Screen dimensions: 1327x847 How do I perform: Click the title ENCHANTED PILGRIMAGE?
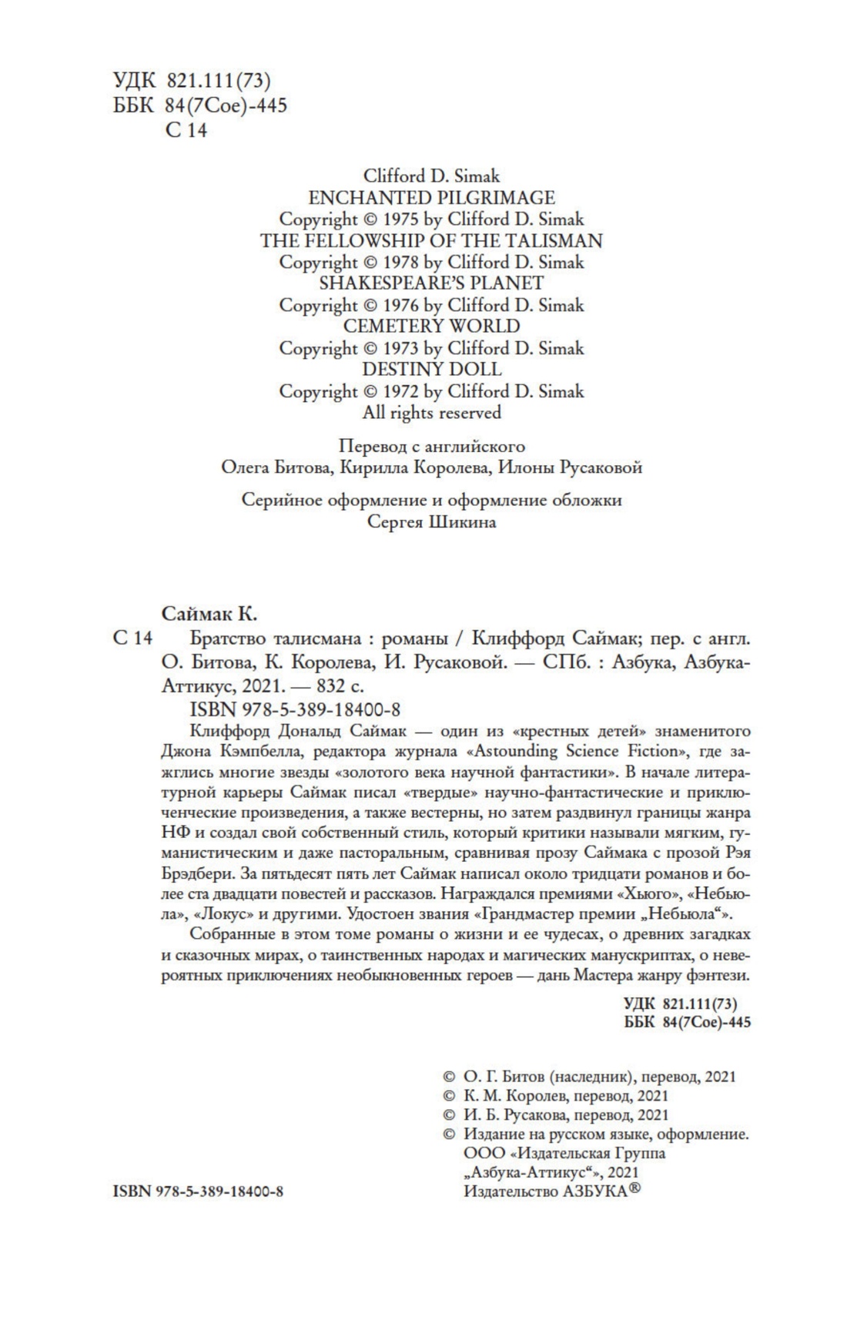tap(431, 197)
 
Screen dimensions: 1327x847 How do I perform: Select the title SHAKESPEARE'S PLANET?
tap(431, 283)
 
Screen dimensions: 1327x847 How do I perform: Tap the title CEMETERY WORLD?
tap(431, 327)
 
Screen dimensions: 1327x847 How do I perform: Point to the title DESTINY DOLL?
tap(431, 370)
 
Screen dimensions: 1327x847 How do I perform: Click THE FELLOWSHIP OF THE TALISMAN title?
tap(431, 240)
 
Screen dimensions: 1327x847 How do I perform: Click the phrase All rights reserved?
tap(431, 413)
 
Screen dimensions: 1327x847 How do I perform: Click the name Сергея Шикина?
tap(431, 522)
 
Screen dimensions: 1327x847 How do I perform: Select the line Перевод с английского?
tap(431, 446)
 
